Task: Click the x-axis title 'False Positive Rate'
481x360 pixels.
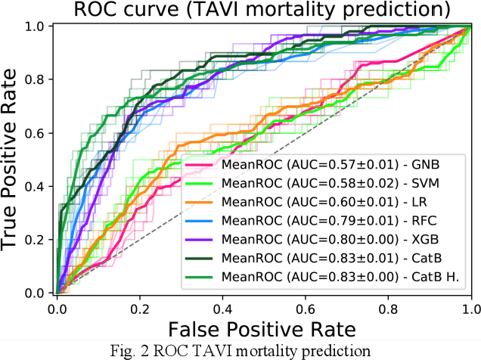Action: tap(263, 329)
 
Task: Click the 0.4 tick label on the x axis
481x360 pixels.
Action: tap(222, 308)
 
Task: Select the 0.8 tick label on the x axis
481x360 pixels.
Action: tap(389, 308)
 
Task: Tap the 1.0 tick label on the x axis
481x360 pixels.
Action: tap(470, 308)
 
